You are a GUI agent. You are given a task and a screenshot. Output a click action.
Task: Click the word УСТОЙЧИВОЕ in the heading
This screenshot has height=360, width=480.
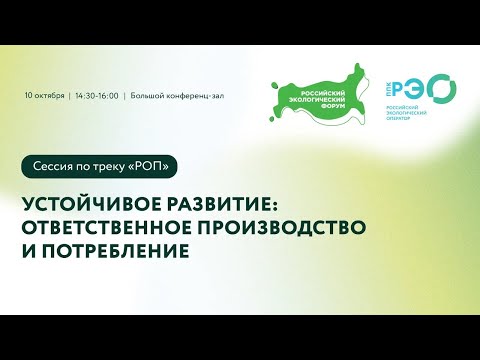[x=87, y=202]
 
